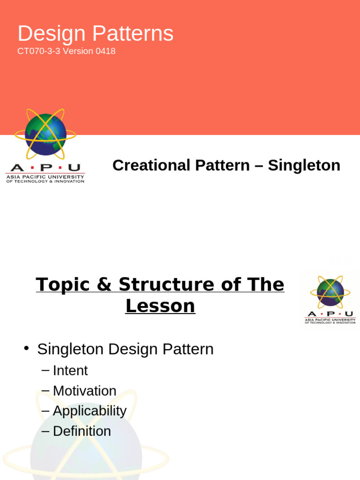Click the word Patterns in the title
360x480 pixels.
133,34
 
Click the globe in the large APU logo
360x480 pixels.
45,135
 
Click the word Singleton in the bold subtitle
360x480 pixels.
304,165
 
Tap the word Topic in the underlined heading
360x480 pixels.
65,285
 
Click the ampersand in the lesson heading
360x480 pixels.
107,285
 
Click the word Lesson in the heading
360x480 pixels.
160,306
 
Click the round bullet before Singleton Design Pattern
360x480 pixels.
27,349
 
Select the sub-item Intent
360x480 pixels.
70,371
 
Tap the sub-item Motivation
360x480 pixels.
84,391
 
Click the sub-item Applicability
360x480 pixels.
90,411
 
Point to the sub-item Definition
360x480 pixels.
82,431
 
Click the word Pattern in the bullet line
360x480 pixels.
187,349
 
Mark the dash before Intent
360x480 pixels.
45,371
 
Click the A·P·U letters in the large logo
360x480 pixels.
45,168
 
